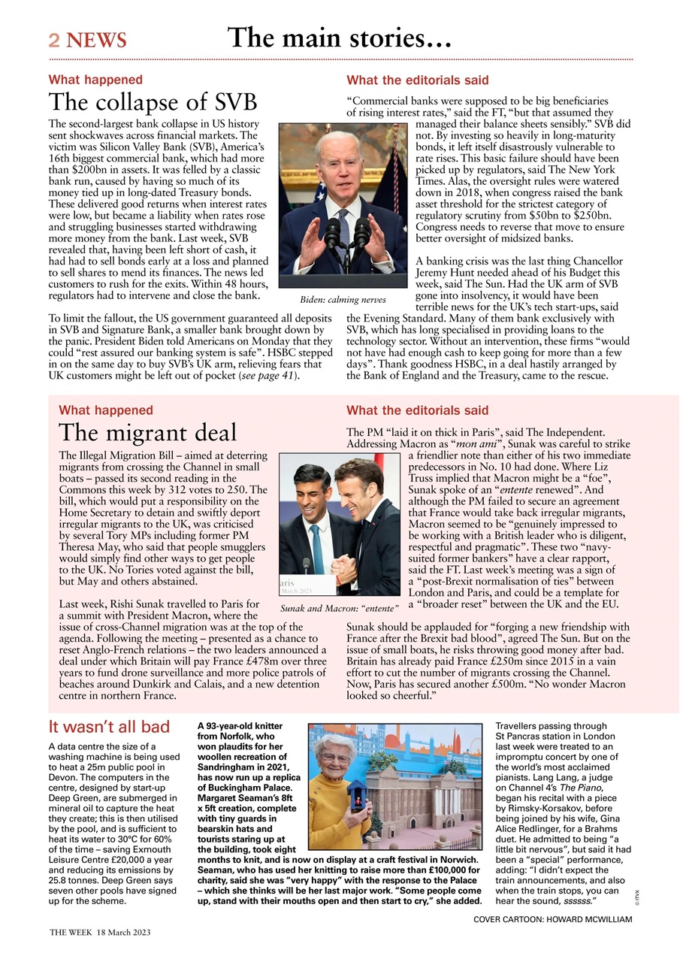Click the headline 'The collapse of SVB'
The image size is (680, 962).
coord(153,102)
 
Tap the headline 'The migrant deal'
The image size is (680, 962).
coord(147,433)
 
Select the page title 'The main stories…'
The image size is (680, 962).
coord(339,37)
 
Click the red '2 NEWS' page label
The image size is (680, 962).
coord(87,40)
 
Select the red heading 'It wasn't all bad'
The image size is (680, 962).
coord(109,727)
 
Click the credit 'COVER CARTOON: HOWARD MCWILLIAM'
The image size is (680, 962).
coord(552,920)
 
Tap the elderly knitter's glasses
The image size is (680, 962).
coord(334,758)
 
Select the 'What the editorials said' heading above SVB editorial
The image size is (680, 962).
coord(417,80)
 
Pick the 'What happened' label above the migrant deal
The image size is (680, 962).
coord(105,410)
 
